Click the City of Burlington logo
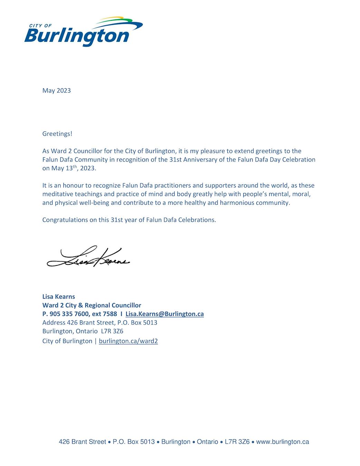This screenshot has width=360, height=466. tap(83, 33)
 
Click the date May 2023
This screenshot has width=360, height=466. tap(57, 90)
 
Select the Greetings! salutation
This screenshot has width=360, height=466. tap(57, 134)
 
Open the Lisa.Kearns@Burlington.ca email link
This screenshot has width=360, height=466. tap(164, 314)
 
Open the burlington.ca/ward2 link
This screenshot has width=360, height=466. tap(128, 341)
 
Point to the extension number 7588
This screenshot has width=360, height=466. tap(110, 314)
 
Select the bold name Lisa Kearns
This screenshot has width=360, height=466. tap(59, 297)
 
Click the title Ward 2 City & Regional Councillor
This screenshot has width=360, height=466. tap(92, 305)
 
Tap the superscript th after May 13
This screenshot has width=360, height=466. tap(75, 167)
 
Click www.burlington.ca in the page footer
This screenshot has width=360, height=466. tap(282, 442)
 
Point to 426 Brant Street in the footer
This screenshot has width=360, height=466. tap(82, 442)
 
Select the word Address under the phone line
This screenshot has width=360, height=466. tap(54, 322)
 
